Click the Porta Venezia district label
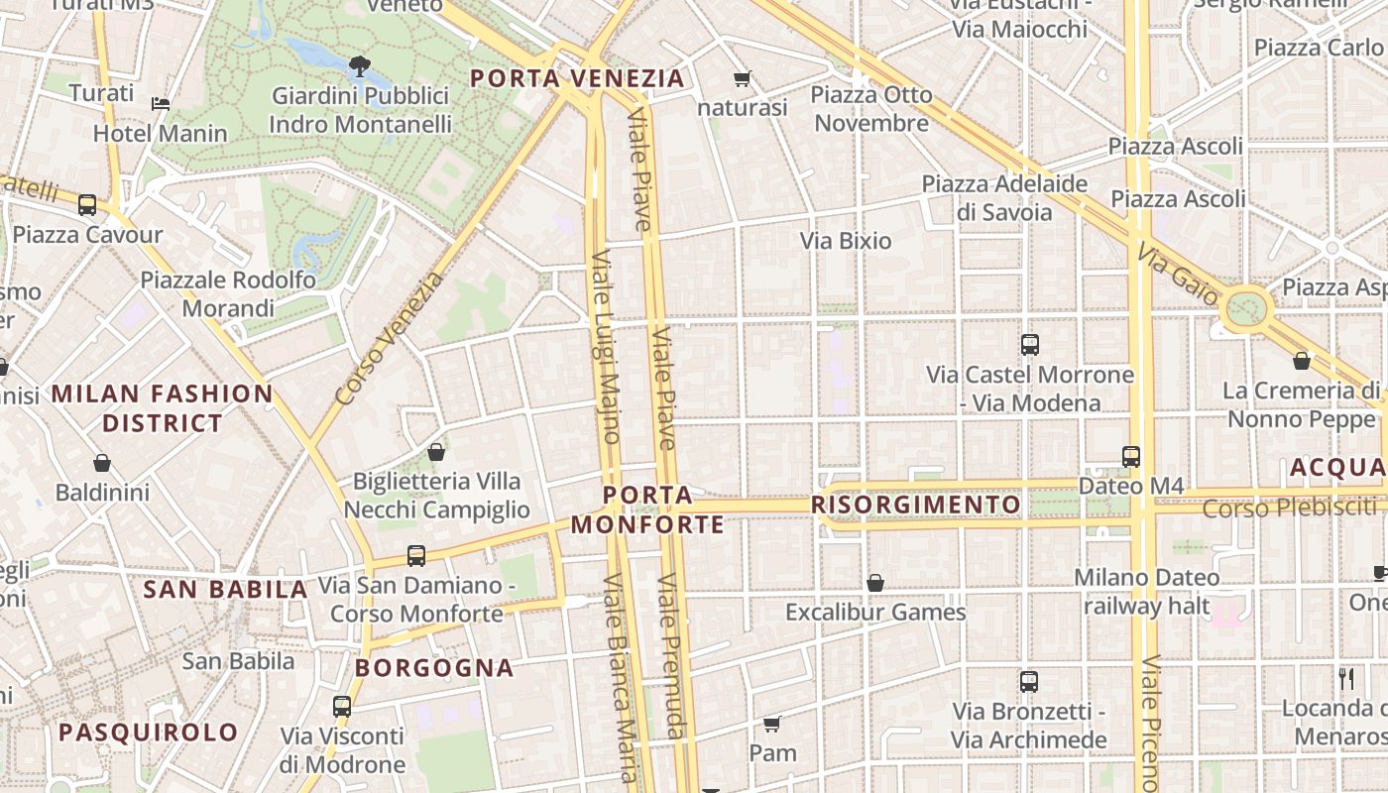[577, 78]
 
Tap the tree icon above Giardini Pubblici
[359, 66]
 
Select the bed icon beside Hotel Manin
[161, 103]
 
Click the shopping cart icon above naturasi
[742, 78]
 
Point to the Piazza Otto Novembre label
[871, 109]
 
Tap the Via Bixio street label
[846, 241]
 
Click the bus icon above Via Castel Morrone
[1030, 345]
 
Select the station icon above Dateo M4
[1131, 457]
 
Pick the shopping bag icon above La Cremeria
[1301, 361]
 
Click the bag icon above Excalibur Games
[874, 583]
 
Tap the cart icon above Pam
[772, 724]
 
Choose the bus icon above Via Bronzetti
[1029, 682]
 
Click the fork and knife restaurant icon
[1345, 678]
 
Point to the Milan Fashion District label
[163, 408]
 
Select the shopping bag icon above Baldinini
[101, 463]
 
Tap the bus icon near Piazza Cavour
[87, 205]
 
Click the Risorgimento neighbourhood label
[916, 505]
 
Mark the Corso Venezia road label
[390, 339]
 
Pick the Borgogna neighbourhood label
[434, 668]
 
